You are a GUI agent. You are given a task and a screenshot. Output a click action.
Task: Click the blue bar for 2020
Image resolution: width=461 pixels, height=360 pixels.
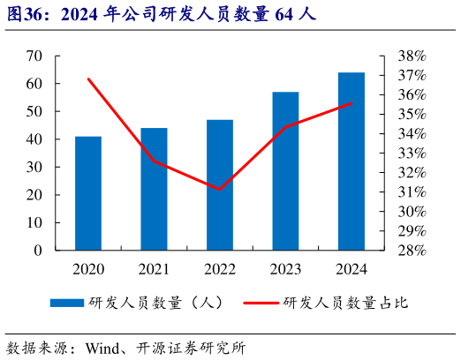[88, 193]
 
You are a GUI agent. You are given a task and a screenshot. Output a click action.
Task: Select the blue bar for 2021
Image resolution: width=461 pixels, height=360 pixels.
[154, 189]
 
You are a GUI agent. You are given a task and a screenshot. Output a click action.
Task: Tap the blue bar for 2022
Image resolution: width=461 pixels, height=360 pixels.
[220, 184]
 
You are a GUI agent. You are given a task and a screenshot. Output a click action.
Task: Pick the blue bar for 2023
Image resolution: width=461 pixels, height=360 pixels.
[285, 170]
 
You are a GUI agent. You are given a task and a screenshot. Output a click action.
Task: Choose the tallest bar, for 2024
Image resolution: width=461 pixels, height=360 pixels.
[351, 161]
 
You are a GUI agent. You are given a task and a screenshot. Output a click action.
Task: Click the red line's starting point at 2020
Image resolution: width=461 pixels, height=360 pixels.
[88, 79]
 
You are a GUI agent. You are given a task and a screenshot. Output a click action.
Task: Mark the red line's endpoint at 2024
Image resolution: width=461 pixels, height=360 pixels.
[351, 103]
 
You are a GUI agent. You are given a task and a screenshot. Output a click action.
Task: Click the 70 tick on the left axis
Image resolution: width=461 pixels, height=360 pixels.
[34, 56]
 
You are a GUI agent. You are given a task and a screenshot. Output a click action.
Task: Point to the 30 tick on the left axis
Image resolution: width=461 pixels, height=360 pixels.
[34, 167]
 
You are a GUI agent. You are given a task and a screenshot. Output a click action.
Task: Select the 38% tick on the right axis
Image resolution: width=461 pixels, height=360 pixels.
[412, 56]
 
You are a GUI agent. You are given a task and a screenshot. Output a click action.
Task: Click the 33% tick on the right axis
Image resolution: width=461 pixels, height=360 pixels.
[412, 153]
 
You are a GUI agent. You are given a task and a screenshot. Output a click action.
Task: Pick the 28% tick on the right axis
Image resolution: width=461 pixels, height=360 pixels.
[412, 251]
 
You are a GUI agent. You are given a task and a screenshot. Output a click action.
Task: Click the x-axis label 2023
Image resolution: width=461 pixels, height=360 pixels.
[285, 269]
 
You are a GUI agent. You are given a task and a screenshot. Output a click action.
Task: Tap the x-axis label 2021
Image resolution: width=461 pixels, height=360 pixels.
[154, 269]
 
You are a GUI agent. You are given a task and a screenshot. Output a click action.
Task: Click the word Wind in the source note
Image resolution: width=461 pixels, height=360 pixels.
[103, 347]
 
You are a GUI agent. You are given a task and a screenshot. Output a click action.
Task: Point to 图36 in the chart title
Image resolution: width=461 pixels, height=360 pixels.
[24, 15]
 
